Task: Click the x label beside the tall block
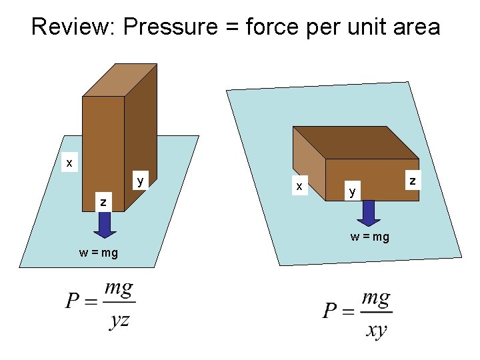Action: (x=69, y=162)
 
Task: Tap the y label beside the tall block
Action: (x=140, y=180)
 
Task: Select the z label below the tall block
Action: (x=103, y=201)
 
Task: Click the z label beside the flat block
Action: (x=413, y=180)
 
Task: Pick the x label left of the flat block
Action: (x=300, y=186)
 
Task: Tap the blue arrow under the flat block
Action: (x=369, y=213)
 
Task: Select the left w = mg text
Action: (x=98, y=253)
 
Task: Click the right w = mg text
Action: (x=370, y=237)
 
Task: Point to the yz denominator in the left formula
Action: (x=119, y=321)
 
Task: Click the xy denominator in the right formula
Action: (x=376, y=330)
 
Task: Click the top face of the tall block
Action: (x=115, y=79)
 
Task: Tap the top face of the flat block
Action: (x=356, y=141)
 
